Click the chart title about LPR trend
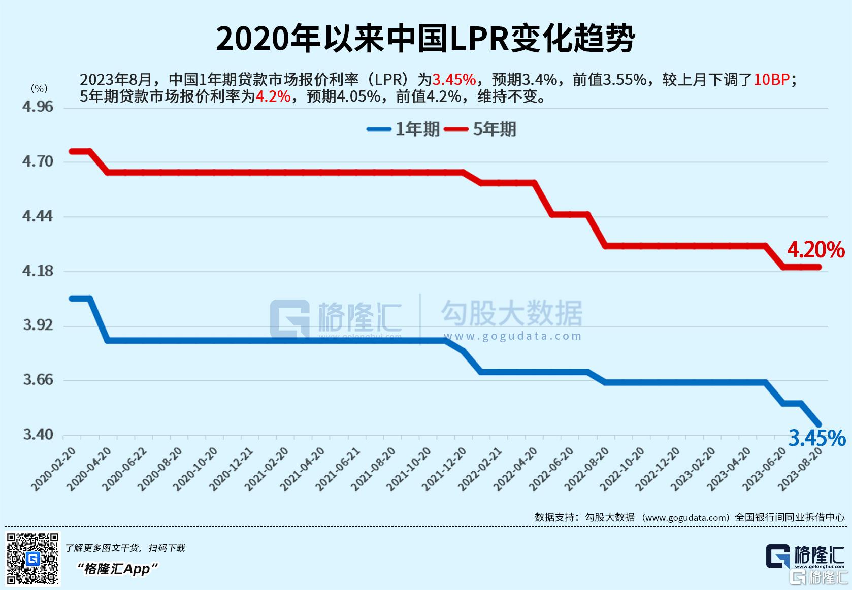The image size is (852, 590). click(x=425, y=39)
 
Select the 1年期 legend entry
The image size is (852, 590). click(x=403, y=129)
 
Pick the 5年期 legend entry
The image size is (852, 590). click(x=480, y=129)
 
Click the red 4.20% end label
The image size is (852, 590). click(x=815, y=250)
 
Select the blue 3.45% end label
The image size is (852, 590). click(x=816, y=438)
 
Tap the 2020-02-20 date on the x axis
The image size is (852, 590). click(x=54, y=469)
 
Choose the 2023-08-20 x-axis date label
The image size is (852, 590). click(x=801, y=469)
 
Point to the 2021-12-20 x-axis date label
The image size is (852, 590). click(x=445, y=469)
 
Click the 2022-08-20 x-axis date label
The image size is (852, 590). click(x=587, y=469)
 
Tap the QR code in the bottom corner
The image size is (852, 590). click(x=33, y=558)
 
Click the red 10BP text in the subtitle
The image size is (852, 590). click(x=771, y=80)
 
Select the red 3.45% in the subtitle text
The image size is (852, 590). click(x=454, y=80)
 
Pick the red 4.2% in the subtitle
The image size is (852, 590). click(x=273, y=96)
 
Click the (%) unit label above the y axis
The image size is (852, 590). click(x=39, y=88)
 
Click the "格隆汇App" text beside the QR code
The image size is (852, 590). click(x=117, y=569)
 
